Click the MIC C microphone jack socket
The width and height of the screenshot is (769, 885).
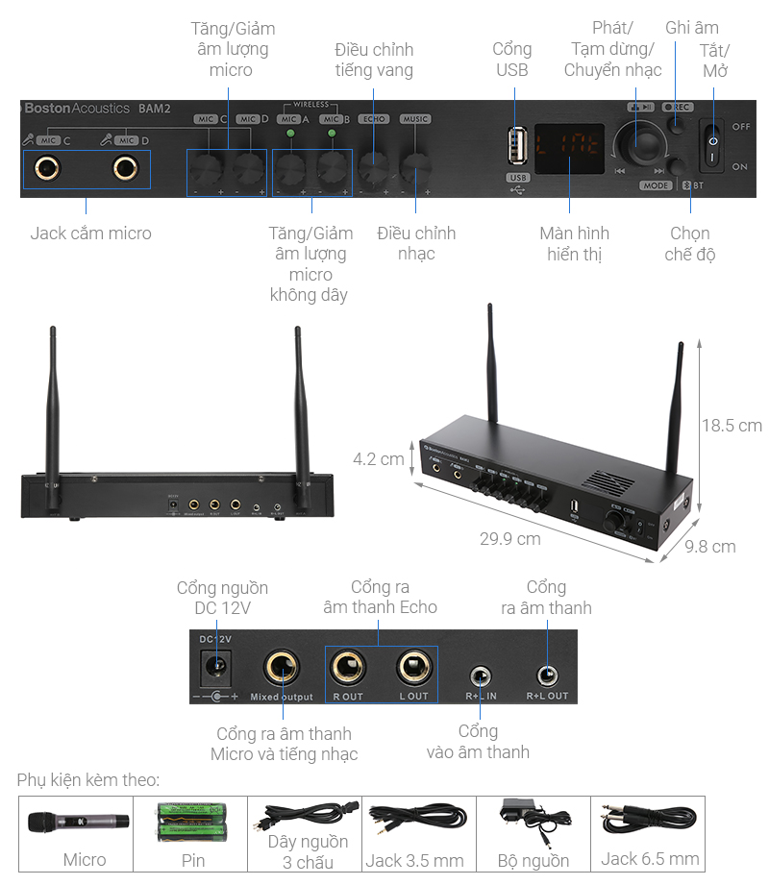tap(46, 168)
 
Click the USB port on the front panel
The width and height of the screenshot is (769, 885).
tap(518, 148)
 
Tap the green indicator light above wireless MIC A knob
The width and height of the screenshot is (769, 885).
tap(288, 134)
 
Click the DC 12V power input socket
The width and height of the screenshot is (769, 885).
tap(216, 664)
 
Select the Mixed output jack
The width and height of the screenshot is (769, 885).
tap(282, 666)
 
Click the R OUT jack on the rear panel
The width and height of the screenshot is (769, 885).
tap(347, 666)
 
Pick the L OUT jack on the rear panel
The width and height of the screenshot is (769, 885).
tap(413, 666)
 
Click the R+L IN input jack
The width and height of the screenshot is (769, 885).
tap(480, 675)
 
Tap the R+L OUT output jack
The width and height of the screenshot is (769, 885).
tap(547, 675)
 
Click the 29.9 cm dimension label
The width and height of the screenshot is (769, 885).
tap(509, 539)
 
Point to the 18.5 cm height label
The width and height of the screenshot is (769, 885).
tap(731, 425)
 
